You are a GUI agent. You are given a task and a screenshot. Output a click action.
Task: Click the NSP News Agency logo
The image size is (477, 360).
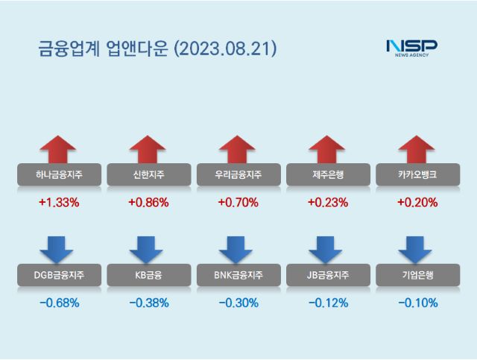click(411, 48)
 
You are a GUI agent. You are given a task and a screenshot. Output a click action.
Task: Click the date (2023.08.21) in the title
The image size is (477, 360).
click(225, 49)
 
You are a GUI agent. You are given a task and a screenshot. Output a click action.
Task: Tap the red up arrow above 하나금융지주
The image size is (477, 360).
click(58, 149)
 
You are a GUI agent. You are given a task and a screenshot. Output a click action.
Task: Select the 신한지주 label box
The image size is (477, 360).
click(148, 175)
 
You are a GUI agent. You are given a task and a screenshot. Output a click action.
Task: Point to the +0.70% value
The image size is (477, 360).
click(238, 202)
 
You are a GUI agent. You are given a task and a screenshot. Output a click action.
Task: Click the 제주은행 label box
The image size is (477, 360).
click(328, 175)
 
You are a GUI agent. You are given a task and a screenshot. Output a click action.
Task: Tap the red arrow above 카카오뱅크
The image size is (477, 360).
click(417, 149)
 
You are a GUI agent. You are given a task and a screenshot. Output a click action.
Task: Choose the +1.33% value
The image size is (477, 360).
click(58, 202)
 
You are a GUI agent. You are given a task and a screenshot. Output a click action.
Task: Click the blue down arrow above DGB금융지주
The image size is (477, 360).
click(58, 249)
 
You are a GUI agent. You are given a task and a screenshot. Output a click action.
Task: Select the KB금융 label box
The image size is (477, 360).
click(148, 276)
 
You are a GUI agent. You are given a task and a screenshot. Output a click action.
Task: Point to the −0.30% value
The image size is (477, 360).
click(238, 303)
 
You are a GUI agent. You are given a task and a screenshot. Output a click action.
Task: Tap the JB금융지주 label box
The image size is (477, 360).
click(328, 276)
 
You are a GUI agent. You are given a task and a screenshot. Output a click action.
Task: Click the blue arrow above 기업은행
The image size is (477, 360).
click(417, 249)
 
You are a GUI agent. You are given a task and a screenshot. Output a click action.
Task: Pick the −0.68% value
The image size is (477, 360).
click(58, 303)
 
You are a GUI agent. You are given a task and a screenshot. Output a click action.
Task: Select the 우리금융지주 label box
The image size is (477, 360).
click(238, 175)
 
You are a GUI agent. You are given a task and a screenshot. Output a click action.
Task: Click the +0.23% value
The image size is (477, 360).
click(328, 202)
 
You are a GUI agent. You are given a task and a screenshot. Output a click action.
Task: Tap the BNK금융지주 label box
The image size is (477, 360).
click(238, 276)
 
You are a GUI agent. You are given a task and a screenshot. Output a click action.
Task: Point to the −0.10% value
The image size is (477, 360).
click(417, 303)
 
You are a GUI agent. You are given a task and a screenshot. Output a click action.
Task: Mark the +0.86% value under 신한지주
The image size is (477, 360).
click(148, 202)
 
